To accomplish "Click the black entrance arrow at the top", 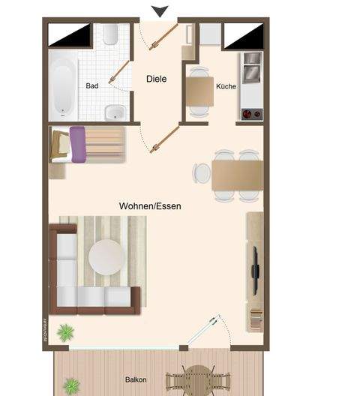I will (160, 10).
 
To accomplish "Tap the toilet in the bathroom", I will (111, 34).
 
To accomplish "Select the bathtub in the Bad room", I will (64, 83).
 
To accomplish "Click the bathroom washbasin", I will (114, 112).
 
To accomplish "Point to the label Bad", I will (92, 86).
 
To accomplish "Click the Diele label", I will (156, 79).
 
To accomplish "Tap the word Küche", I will (226, 86).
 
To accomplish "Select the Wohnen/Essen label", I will (150, 205).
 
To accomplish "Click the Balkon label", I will (136, 380).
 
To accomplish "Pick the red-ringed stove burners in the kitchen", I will (251, 114).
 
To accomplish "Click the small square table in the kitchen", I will (199, 91).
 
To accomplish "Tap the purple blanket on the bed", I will (78, 143).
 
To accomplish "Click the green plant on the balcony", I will (71, 386).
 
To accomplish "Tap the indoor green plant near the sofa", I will (67, 330).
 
